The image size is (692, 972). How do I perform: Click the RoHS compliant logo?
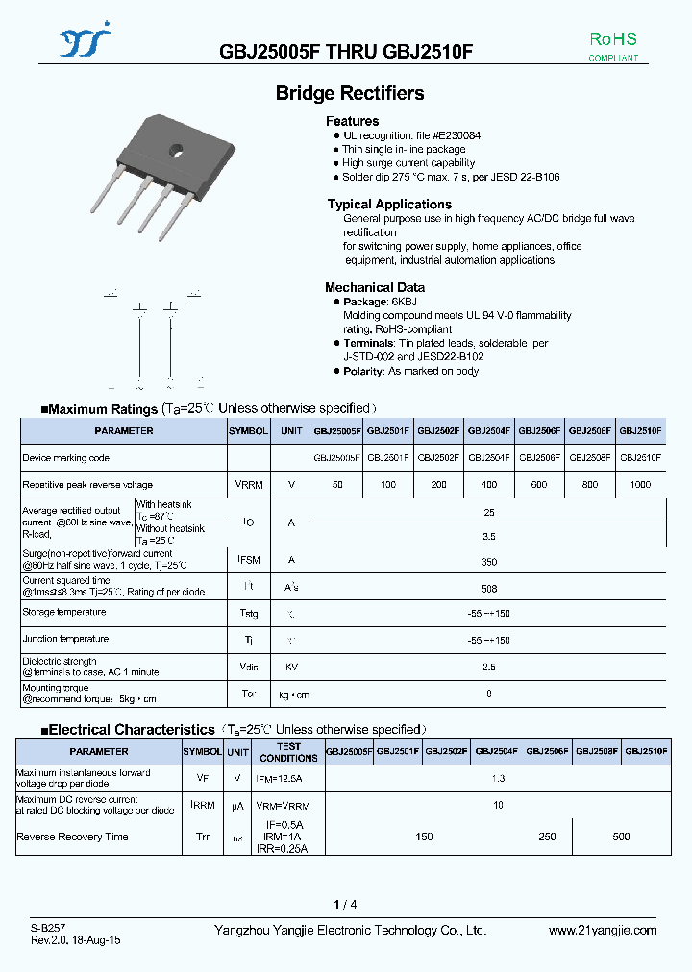[x=612, y=46]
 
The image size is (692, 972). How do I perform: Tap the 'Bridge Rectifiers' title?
[x=350, y=93]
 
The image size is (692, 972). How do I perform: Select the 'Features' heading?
[x=352, y=121]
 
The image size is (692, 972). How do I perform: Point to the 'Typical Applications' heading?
[x=388, y=204]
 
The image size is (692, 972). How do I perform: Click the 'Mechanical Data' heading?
[x=374, y=287]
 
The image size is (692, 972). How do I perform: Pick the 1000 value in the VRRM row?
[x=640, y=485]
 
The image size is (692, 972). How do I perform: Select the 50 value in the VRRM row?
[x=337, y=485]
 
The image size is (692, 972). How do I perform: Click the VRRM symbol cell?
[x=249, y=485]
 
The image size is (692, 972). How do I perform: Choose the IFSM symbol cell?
[x=249, y=559]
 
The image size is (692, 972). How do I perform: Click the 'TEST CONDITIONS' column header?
[x=288, y=752]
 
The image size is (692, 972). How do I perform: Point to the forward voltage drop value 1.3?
[x=498, y=778]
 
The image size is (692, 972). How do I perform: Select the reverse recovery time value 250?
[x=547, y=837]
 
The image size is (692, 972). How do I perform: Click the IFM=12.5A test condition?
[x=288, y=778]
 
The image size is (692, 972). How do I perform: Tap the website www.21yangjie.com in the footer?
[x=603, y=930]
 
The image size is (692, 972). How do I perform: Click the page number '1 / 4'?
[x=345, y=904]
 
